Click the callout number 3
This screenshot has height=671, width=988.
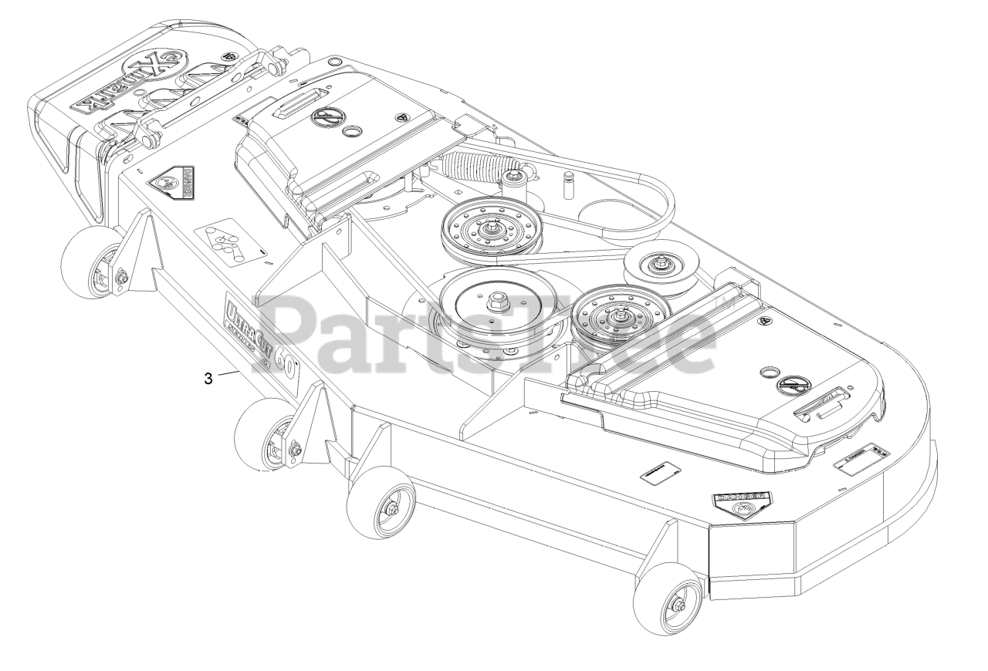click(x=208, y=378)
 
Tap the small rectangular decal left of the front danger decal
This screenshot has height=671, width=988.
click(x=661, y=472)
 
